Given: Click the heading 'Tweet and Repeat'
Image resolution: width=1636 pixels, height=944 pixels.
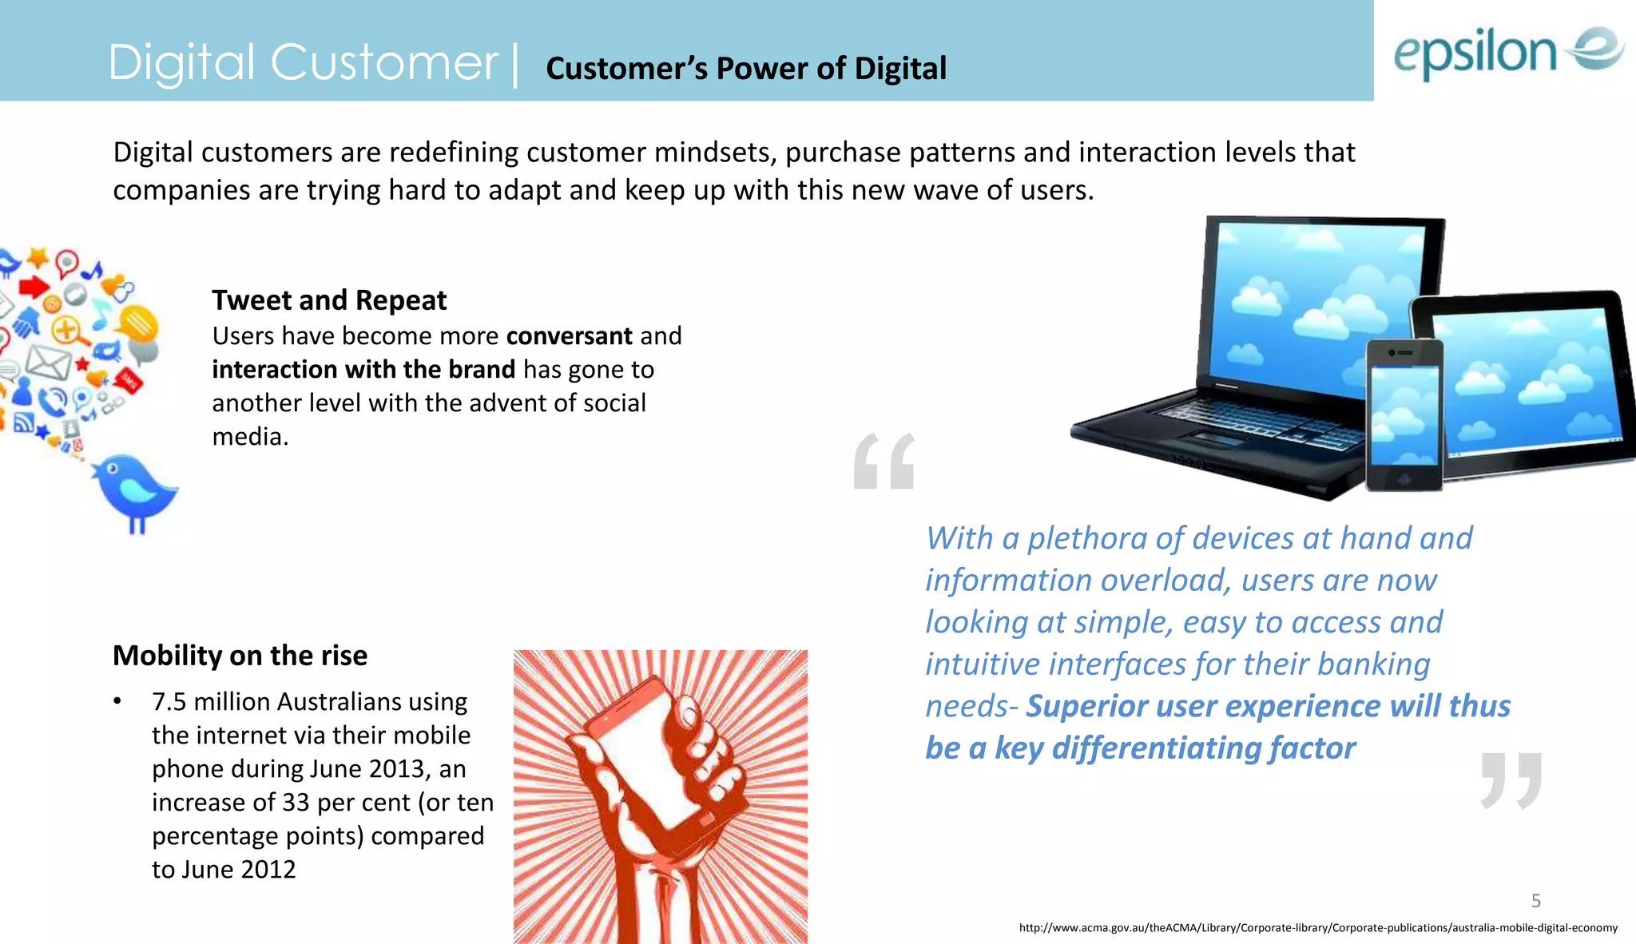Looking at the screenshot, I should (328, 300).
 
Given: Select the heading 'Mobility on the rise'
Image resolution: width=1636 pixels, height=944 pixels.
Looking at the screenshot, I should (240, 655).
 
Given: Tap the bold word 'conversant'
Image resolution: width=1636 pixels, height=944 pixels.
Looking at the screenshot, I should (569, 335).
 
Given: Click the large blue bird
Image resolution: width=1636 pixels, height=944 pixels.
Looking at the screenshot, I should (134, 489).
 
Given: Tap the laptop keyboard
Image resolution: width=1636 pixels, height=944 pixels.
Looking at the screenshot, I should (1254, 422).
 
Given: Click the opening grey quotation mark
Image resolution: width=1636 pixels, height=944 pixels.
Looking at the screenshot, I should (884, 461).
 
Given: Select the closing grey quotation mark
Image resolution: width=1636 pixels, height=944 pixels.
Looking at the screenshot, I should (1511, 779).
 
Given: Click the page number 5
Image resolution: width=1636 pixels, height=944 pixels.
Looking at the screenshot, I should (1535, 901).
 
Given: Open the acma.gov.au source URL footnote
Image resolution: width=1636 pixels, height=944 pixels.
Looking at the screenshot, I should (1318, 928).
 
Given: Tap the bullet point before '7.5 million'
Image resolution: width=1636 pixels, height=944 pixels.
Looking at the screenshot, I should (117, 702).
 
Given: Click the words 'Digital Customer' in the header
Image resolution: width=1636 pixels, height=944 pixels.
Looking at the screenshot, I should (303, 62).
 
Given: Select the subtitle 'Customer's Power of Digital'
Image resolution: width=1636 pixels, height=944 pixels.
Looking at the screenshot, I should (745, 69).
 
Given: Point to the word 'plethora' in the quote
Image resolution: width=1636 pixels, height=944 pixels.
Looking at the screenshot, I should (1087, 538).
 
